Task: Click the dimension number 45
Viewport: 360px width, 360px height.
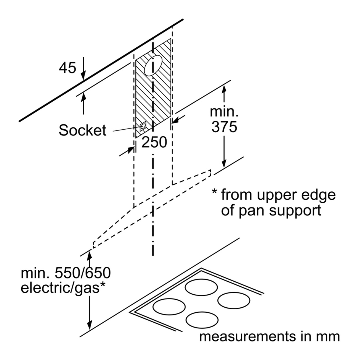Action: pos(68,68)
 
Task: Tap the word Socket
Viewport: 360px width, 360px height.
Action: pos(83,130)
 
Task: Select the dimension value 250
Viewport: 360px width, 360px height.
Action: pos(154,142)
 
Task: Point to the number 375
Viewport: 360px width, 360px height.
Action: pos(224,127)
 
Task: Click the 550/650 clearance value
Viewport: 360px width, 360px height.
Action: pos(83,273)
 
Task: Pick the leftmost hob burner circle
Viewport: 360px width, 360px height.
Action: pos(169,307)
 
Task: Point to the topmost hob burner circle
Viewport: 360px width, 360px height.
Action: pos(201,287)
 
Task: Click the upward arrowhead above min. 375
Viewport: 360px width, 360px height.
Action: pos(224,89)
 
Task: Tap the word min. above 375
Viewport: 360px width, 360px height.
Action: pos(224,112)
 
